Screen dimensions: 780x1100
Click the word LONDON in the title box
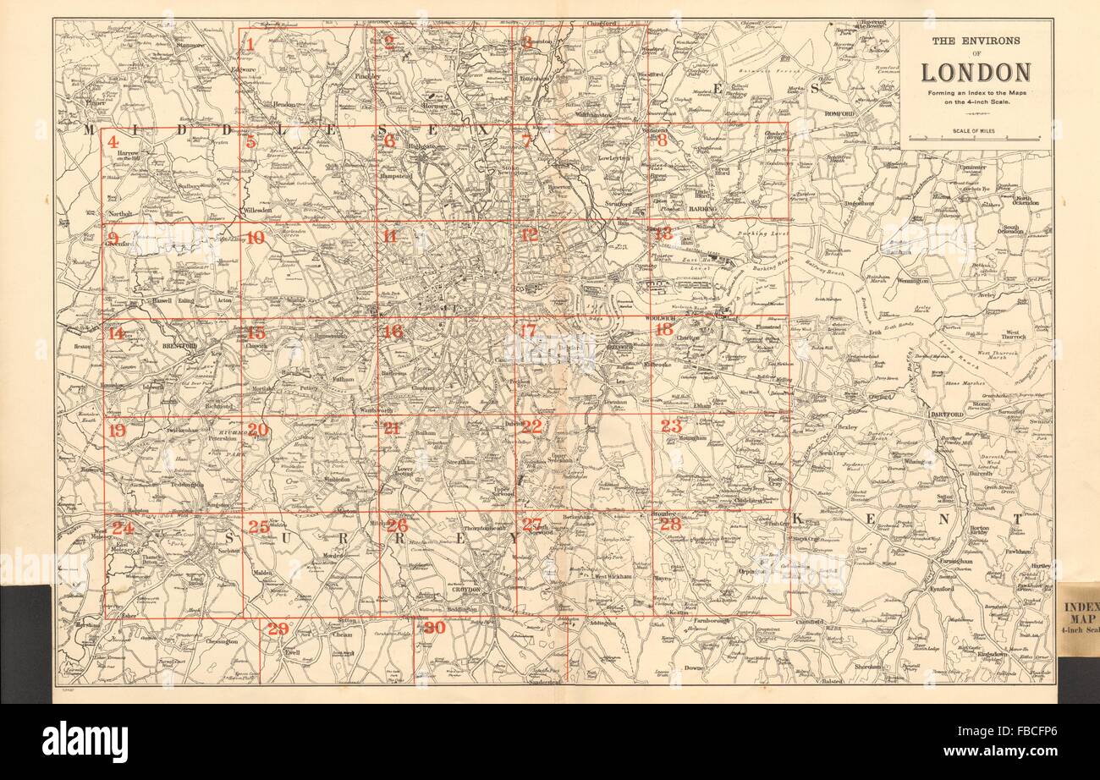(x=976, y=73)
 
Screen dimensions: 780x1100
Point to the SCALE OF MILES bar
(x=976, y=137)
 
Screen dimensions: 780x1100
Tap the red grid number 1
(x=250, y=43)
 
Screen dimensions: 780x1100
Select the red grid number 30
(x=434, y=628)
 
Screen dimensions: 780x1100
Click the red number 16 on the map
(x=392, y=332)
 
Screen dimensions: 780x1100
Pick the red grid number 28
(x=670, y=524)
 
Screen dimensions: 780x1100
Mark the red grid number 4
(x=113, y=142)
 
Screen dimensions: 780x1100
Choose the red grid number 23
(x=671, y=426)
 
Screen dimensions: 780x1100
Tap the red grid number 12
(x=529, y=235)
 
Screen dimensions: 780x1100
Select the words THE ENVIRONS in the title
(x=976, y=40)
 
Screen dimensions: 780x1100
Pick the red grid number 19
(x=117, y=431)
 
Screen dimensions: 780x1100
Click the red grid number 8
(x=662, y=141)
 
